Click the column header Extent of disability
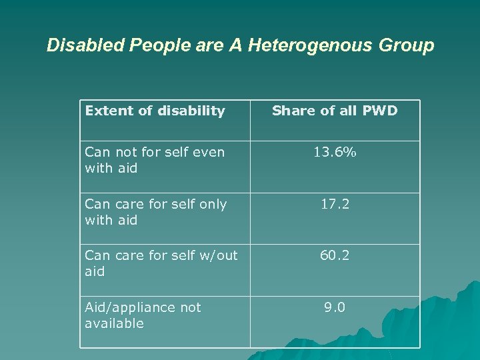coord(155,111)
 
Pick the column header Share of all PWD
coord(335,111)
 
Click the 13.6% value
coord(335,152)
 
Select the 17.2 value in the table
coord(335,204)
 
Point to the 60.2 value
coord(335,255)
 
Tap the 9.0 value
coord(335,307)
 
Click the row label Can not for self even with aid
coord(155,160)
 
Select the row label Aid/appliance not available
coord(143,315)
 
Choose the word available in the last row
coord(114,323)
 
